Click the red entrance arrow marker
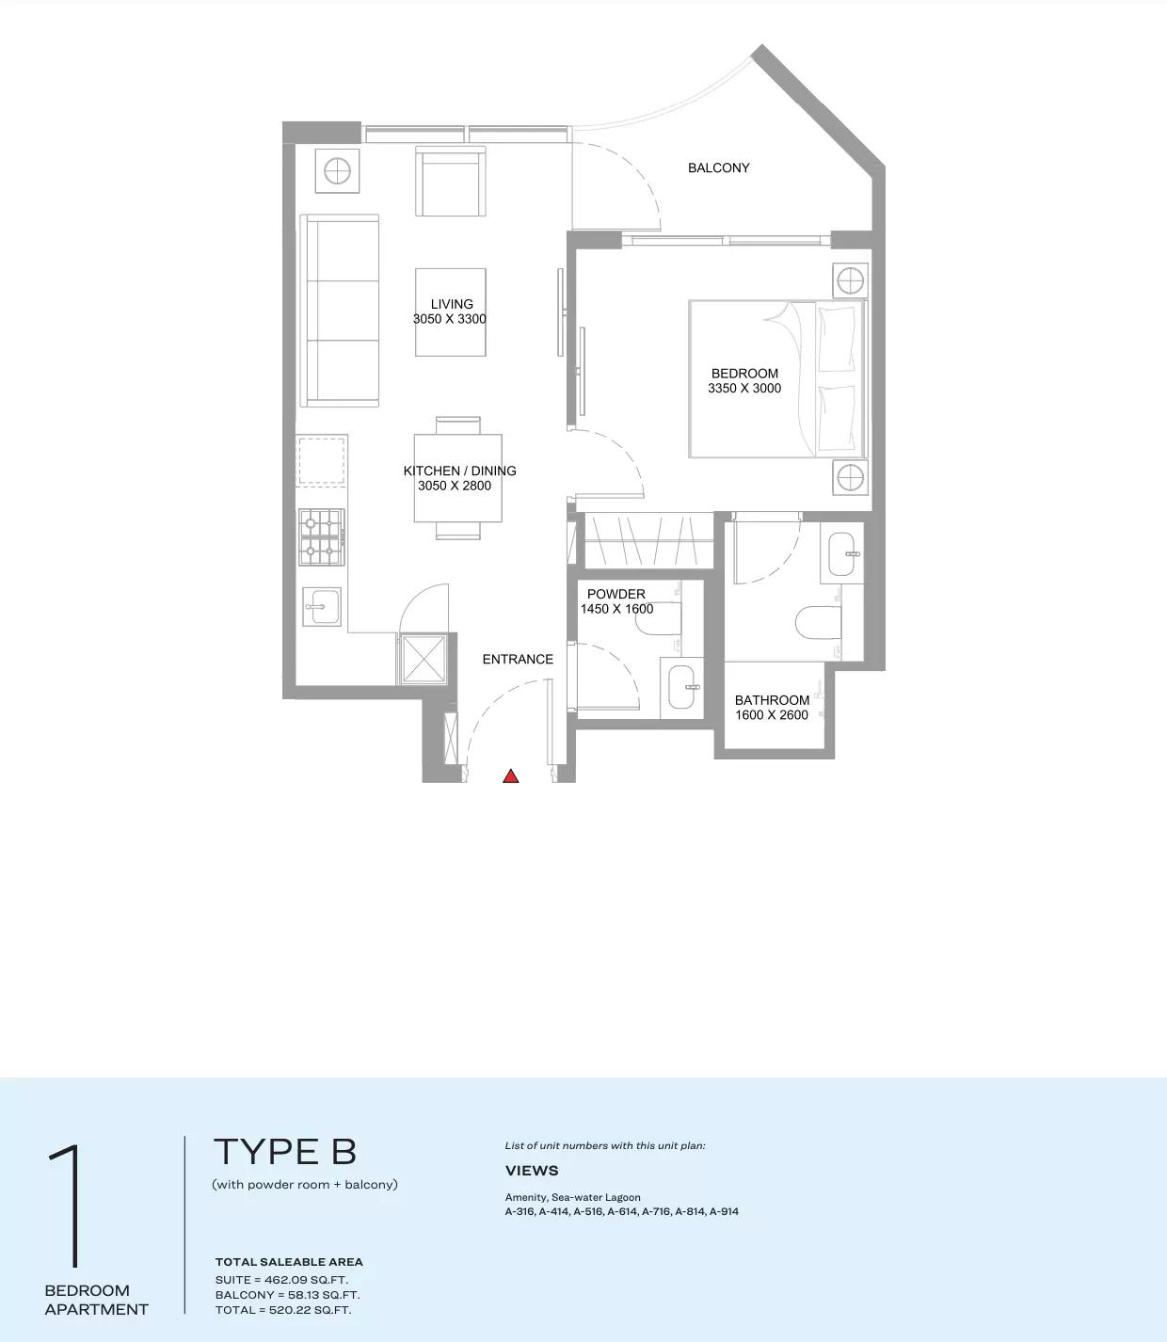510,776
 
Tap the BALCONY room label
718,168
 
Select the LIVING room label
452,304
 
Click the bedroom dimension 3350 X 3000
744,388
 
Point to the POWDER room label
616,594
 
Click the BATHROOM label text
772,700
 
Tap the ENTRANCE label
518,659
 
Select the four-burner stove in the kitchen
322,536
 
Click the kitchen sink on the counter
322,606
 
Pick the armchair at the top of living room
452,181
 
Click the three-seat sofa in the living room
339,311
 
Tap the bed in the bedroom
776,378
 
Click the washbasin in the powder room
682,688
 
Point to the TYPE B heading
285,1151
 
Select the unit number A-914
724,1211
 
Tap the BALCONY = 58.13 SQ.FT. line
287,1295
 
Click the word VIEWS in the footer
532,1171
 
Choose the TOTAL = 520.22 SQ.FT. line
283,1310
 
